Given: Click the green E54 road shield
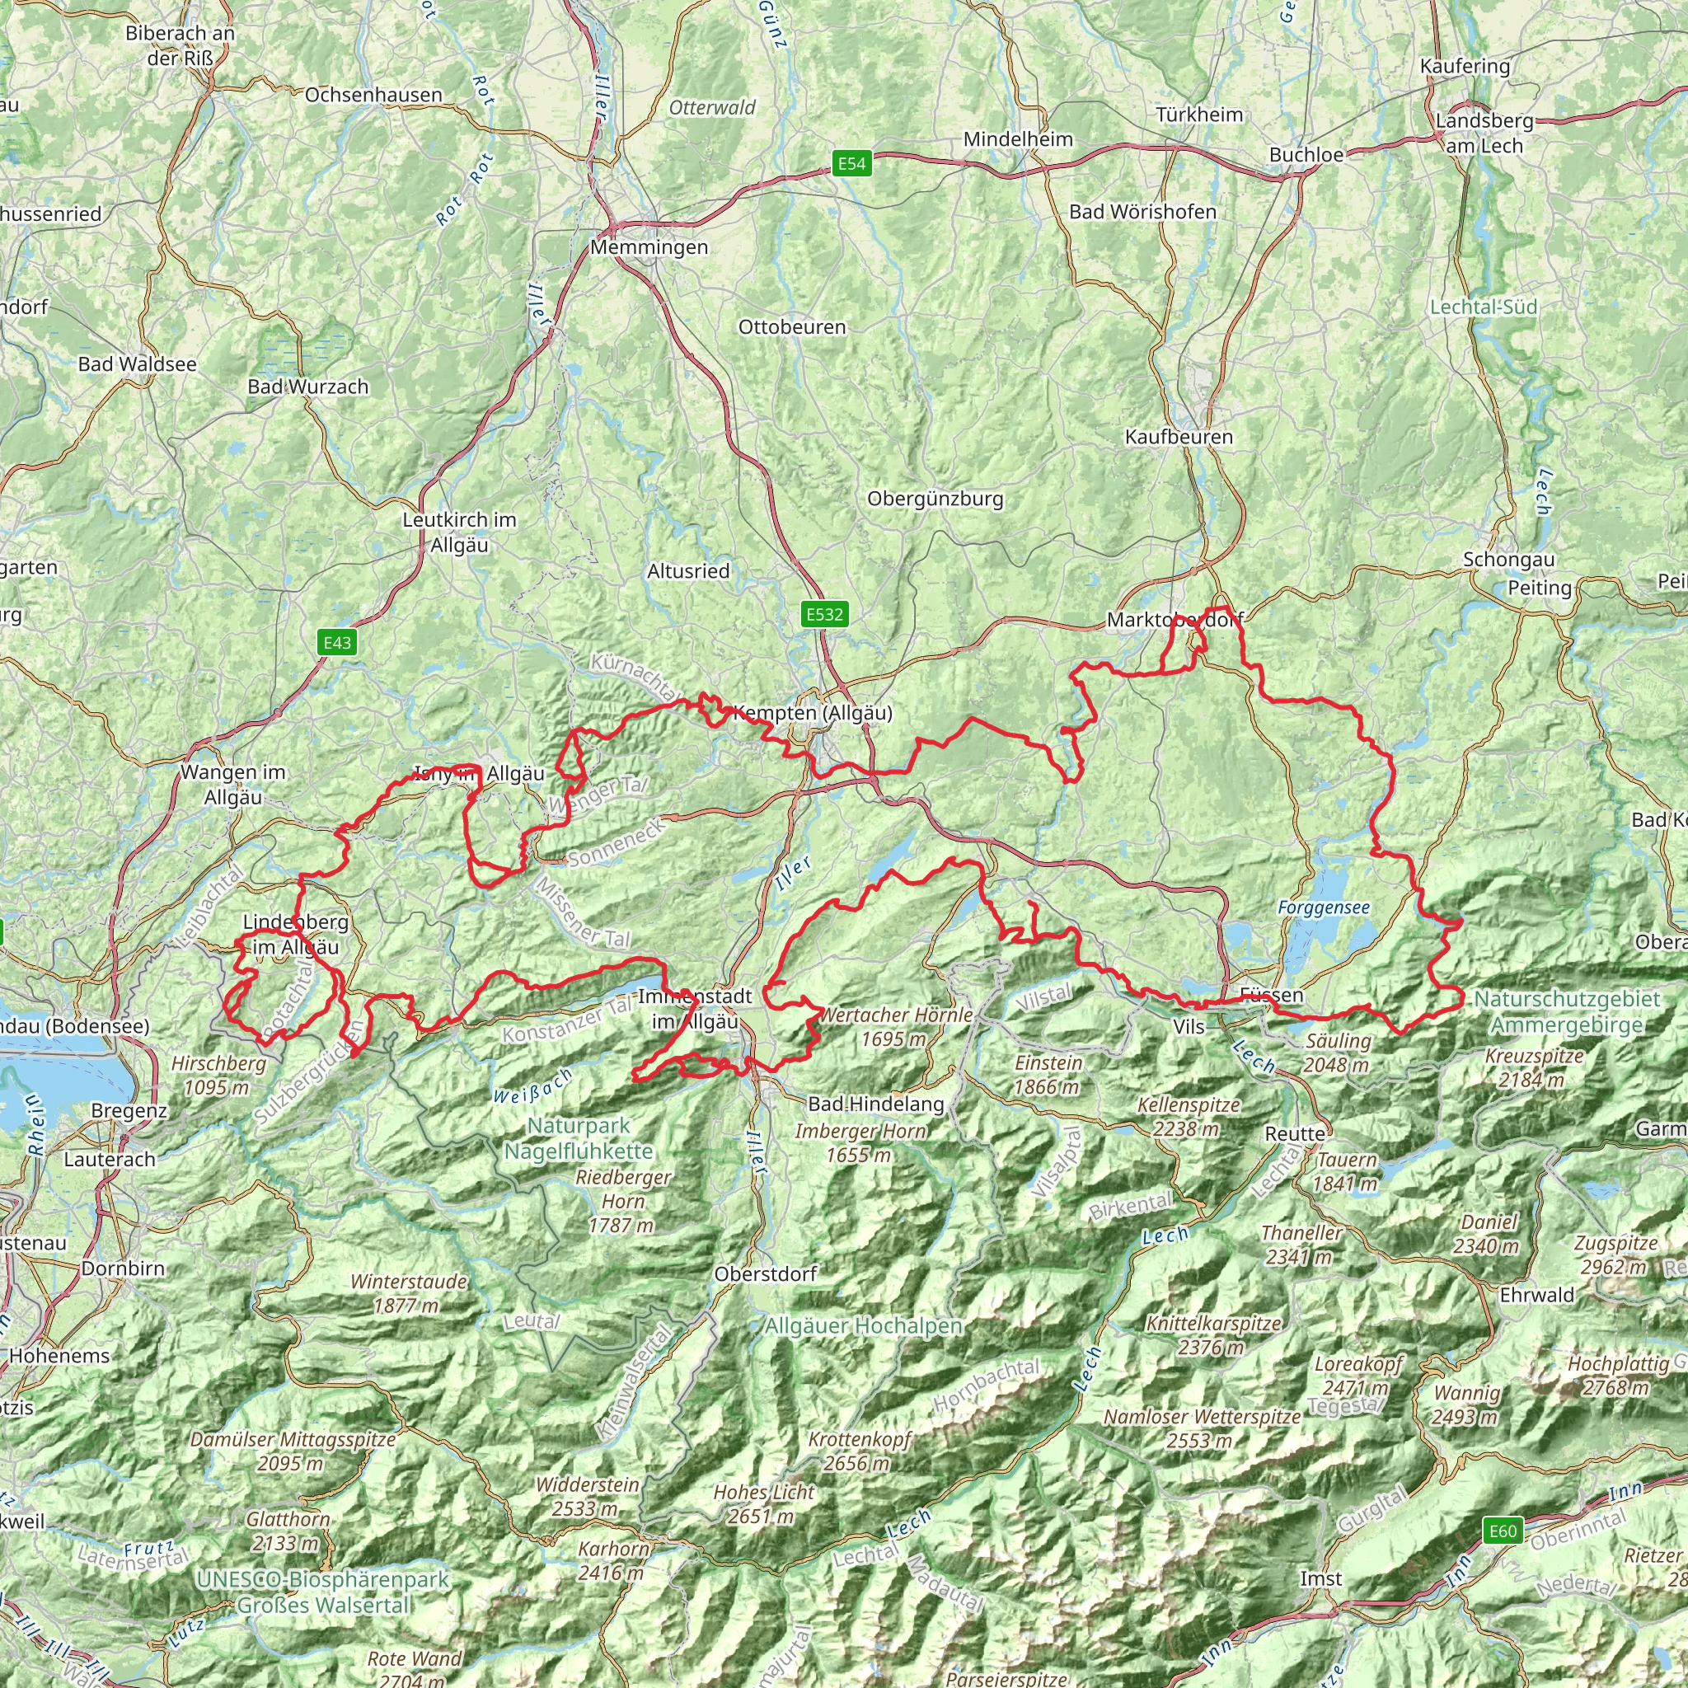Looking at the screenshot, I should [851, 163].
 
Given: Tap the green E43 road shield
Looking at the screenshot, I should [337, 643].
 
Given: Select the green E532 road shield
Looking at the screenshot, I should [825, 614].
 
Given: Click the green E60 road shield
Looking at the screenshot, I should [1503, 1531].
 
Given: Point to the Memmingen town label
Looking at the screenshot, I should [649, 247].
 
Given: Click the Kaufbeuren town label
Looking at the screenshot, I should [1179, 437].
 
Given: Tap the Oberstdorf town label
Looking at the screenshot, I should [766, 1274].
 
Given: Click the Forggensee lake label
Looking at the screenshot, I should [1324, 907].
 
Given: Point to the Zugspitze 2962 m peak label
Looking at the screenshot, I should [1615, 1254].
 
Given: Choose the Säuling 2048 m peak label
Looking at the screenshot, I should [1339, 1053].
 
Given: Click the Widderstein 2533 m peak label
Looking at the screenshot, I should [587, 1497].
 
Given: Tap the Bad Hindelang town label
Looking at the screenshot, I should [875, 1104].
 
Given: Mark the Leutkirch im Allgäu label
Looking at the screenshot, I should [460, 532].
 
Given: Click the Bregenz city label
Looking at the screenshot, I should [129, 1111].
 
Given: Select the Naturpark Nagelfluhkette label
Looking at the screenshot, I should [579, 1138].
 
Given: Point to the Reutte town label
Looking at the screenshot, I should [1295, 1134].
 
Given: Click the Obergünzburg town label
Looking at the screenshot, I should [935, 499].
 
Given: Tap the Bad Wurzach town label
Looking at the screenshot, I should [307, 387].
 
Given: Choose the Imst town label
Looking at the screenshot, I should [1321, 1578].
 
